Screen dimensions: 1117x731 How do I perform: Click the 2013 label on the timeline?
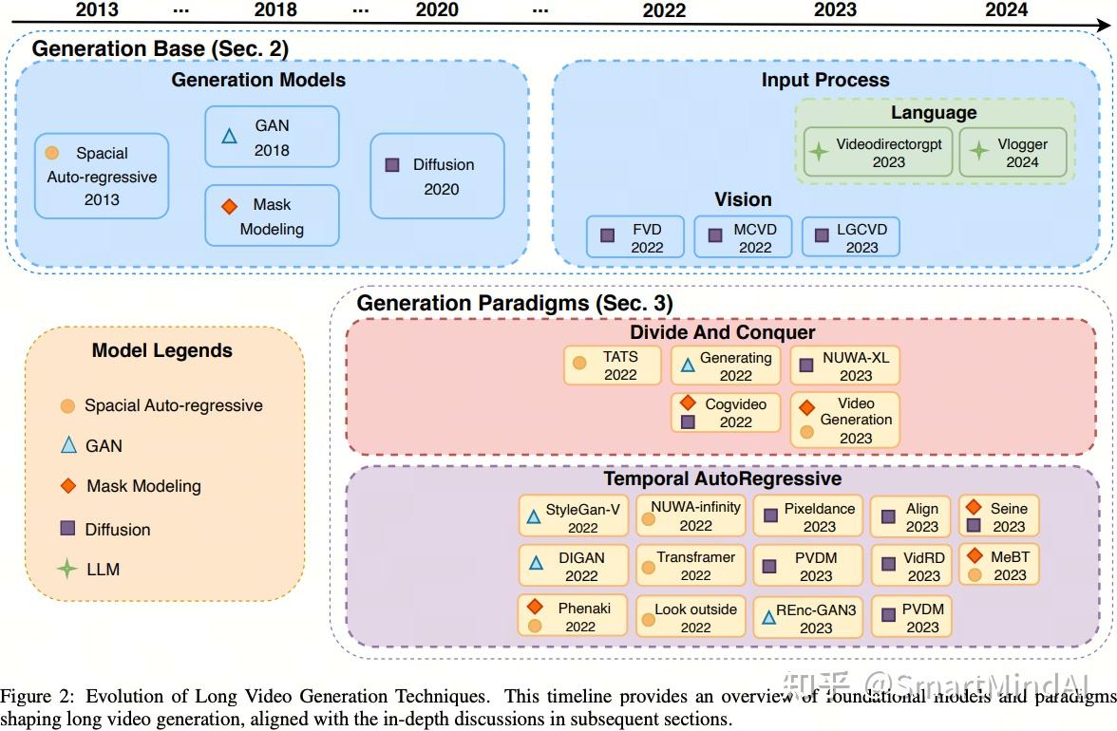97,9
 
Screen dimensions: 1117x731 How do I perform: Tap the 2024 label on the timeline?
1006,9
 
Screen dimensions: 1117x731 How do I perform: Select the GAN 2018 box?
272,137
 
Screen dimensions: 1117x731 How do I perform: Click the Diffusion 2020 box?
437,176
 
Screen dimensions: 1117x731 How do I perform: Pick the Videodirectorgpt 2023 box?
878,152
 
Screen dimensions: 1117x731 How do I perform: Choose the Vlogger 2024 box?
1013,152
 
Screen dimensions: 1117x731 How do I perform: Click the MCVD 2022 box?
743,237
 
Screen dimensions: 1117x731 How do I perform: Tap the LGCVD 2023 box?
851,237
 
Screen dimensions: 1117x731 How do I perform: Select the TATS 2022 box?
613,365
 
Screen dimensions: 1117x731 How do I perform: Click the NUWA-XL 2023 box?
845,365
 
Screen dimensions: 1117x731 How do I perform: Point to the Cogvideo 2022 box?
726,412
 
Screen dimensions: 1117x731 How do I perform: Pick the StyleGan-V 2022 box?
574,516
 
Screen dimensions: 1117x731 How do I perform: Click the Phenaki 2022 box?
572,616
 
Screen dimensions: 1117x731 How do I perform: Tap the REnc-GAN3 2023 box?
807,617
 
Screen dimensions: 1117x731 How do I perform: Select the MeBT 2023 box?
999,565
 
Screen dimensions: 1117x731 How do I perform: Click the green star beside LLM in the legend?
66,569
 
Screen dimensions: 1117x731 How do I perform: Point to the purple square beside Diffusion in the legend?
67,528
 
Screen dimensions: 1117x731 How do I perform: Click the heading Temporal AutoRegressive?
722,478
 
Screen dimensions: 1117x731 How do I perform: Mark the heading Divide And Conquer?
722,332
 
